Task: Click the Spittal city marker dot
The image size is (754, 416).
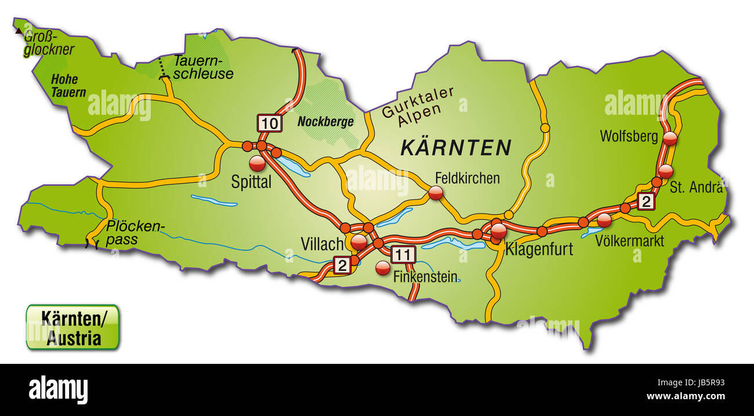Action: click(x=256, y=163)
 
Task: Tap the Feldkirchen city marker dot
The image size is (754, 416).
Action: click(x=436, y=194)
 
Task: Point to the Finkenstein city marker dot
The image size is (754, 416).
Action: click(x=383, y=268)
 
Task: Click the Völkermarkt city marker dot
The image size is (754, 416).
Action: click(x=604, y=220)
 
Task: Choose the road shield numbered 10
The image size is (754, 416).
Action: click(x=270, y=123)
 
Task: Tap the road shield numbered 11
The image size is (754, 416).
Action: click(x=404, y=254)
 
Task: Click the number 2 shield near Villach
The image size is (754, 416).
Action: click(x=342, y=265)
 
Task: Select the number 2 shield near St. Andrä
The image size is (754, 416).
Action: click(x=646, y=202)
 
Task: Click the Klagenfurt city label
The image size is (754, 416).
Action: click(x=539, y=250)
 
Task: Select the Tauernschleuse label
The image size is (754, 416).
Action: click(x=203, y=67)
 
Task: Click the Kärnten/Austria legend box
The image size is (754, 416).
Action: click(x=72, y=327)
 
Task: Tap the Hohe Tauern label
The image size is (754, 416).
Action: click(x=68, y=85)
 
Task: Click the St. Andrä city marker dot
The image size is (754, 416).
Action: click(x=666, y=171)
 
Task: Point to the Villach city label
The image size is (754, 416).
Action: click(x=322, y=244)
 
